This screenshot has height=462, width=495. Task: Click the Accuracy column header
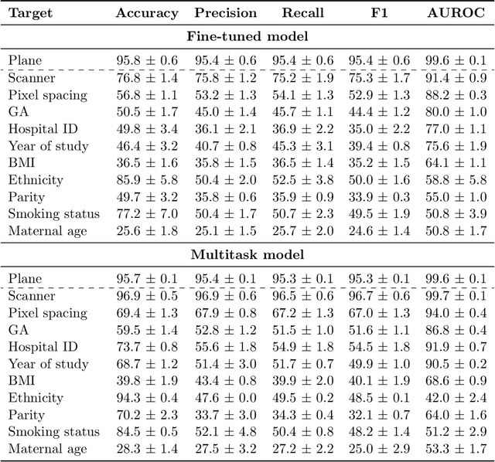pyautogui.click(x=147, y=13)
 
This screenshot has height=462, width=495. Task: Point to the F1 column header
pyautogui.click(x=381, y=13)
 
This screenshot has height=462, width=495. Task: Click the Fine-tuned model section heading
pyautogui.click(x=247, y=36)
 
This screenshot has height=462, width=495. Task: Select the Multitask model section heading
pyautogui.click(x=247, y=253)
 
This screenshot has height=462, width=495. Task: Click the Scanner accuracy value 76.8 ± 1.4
pyautogui.click(x=147, y=77)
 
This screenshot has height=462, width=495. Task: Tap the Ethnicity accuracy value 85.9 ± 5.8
pyautogui.click(x=147, y=180)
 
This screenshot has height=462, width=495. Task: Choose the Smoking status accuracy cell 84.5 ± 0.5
pyautogui.click(x=147, y=432)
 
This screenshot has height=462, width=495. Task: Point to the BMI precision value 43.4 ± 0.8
pyautogui.click(x=226, y=381)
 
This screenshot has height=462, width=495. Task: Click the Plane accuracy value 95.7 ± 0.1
pyautogui.click(x=147, y=278)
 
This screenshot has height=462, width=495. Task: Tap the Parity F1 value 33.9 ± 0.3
pyautogui.click(x=381, y=197)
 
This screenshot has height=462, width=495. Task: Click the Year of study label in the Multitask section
pyautogui.click(x=48, y=363)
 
